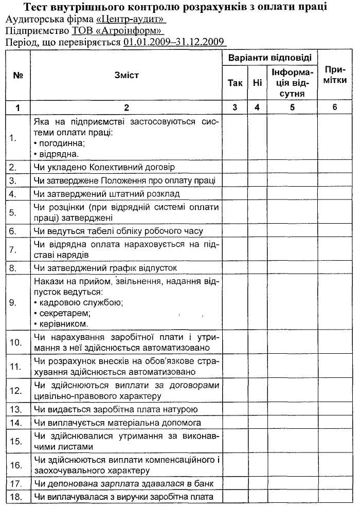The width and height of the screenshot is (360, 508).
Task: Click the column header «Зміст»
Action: click(127, 75)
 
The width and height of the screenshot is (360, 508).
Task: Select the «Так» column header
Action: click(235, 83)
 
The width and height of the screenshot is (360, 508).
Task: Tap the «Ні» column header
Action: click(257, 83)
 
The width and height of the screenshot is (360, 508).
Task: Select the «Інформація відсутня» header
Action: click(292, 82)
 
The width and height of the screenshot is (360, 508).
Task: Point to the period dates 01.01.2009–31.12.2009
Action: click(175, 42)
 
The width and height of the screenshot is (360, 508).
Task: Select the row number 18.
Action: click(15, 497)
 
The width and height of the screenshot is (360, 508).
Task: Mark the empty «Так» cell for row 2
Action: click(235, 167)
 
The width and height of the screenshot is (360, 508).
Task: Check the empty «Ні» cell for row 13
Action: click(257, 409)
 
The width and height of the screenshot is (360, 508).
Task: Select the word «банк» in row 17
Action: click(203, 484)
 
